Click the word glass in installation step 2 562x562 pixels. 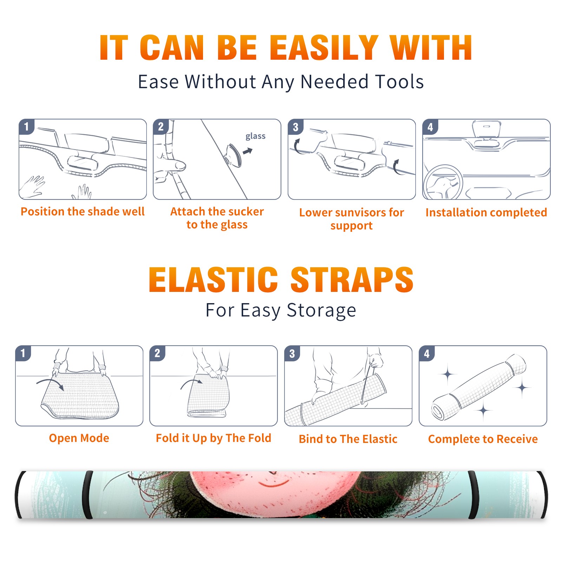point(255,136)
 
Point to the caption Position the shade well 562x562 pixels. point(83,211)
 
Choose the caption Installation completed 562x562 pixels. point(486,213)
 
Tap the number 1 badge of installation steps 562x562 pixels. point(27,126)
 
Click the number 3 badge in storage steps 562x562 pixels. point(292,353)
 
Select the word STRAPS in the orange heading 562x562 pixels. point(352,280)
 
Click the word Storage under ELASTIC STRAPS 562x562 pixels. point(321,311)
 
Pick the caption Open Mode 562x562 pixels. point(79,438)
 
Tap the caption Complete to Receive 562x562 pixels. point(483,439)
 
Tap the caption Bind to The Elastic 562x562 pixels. point(348,439)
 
